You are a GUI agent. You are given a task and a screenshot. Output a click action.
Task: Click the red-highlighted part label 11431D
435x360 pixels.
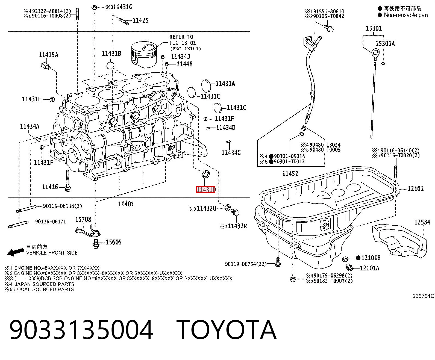pos(206,190)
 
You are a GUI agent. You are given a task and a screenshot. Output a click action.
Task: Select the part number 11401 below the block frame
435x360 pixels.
pos(126,204)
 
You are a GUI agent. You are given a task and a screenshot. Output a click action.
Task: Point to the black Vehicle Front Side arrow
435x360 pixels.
pos(16,252)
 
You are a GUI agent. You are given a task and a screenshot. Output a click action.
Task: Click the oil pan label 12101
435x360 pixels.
pos(416,189)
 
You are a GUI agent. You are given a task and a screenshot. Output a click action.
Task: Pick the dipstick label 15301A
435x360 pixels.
pos(385,43)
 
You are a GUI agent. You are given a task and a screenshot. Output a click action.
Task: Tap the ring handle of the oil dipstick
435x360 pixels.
pos(375,53)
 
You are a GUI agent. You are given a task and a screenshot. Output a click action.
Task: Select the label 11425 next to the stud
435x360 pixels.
pos(140,20)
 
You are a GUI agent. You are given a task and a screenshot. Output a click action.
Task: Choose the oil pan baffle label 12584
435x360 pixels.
pos(422,222)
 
